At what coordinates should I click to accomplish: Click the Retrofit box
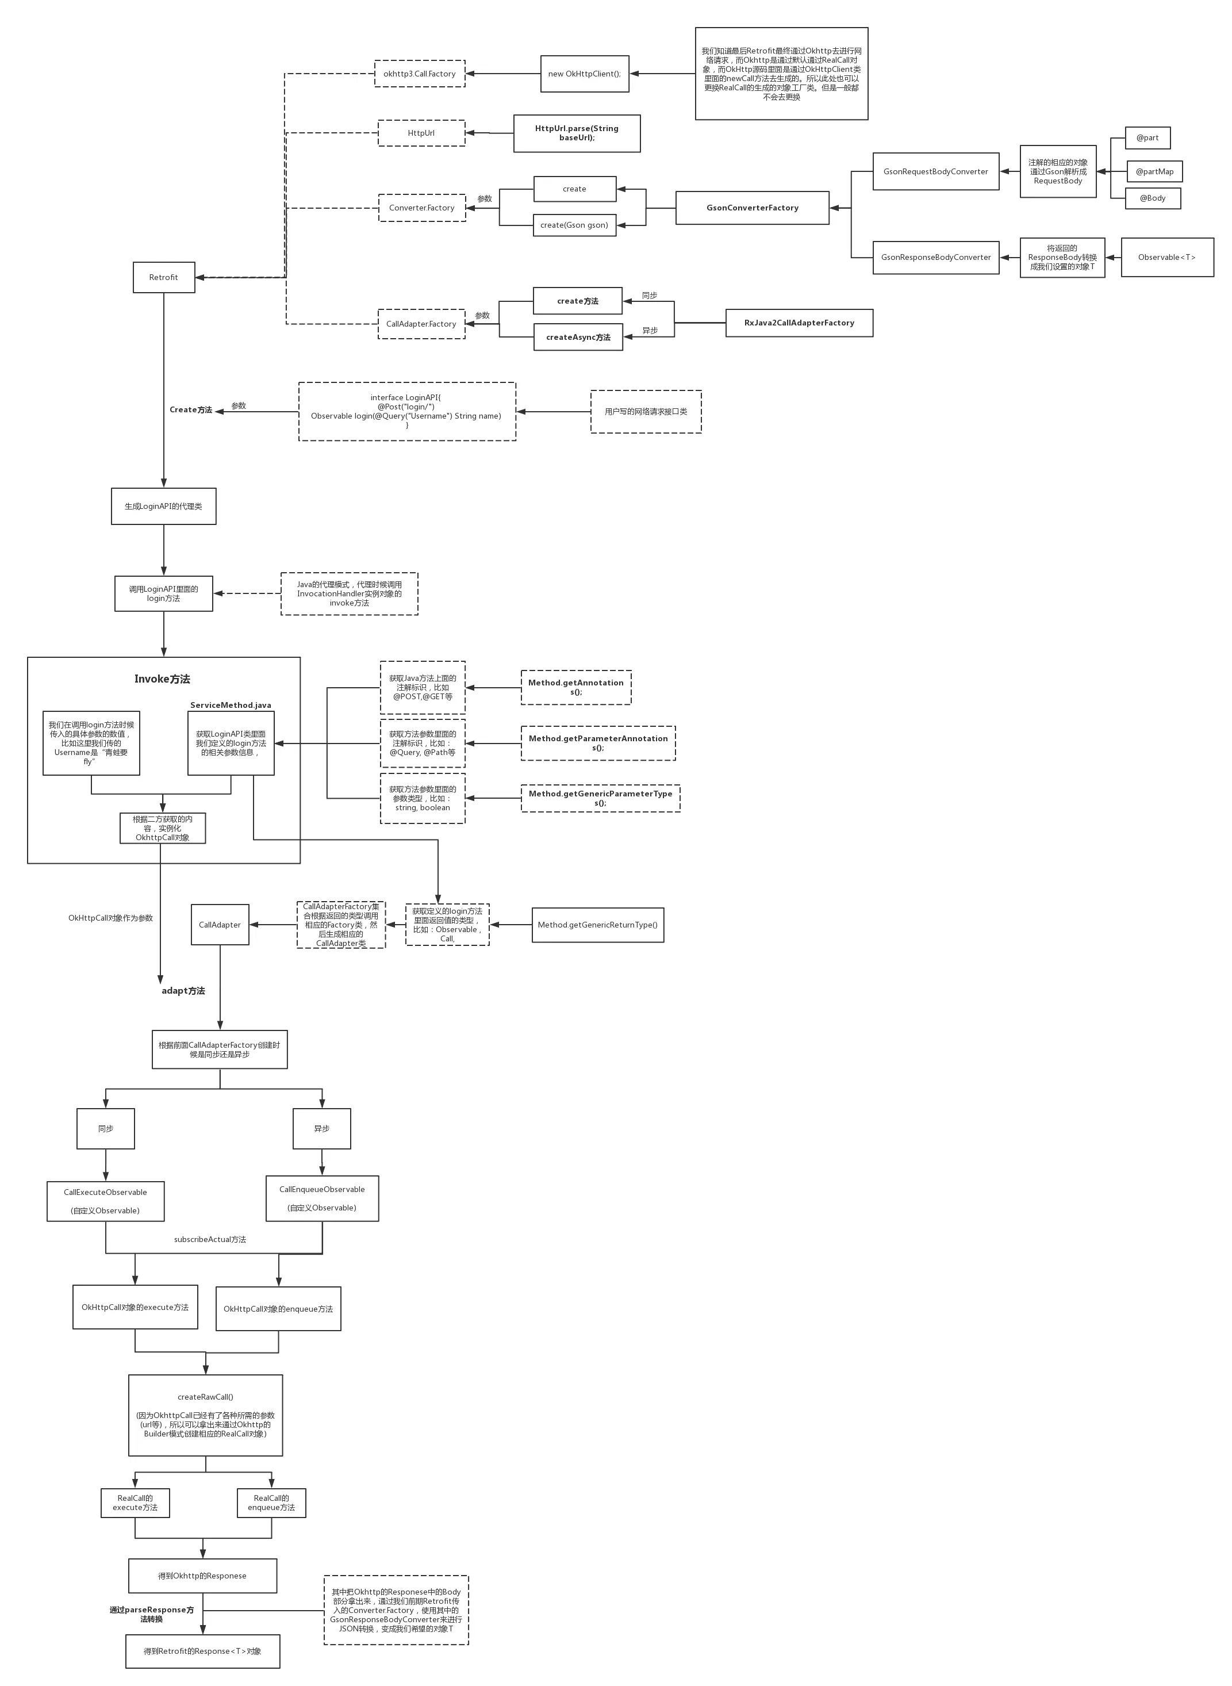click(163, 278)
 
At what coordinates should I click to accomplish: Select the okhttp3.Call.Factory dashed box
click(419, 74)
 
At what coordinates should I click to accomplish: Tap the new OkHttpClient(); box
click(585, 74)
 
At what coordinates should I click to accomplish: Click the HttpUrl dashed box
click(421, 133)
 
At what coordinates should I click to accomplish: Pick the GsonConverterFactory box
click(752, 208)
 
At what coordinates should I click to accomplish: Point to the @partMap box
click(1154, 171)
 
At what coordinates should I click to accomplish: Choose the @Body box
click(1152, 198)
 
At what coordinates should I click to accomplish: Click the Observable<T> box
click(1166, 258)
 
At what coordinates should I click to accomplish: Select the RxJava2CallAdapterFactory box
click(799, 323)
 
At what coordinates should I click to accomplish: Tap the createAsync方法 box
click(578, 337)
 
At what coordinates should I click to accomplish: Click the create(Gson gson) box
click(574, 225)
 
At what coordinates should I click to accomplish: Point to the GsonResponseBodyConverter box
click(935, 258)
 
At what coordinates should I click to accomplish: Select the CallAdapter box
click(220, 925)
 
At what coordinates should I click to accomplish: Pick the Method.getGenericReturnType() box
click(597, 925)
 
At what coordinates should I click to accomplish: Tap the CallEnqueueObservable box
click(322, 1198)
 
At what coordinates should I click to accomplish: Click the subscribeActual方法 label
click(210, 1239)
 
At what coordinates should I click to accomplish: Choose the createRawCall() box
click(205, 1415)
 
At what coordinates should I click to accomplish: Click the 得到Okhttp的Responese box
click(202, 1576)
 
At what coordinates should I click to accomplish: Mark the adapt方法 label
click(183, 991)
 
